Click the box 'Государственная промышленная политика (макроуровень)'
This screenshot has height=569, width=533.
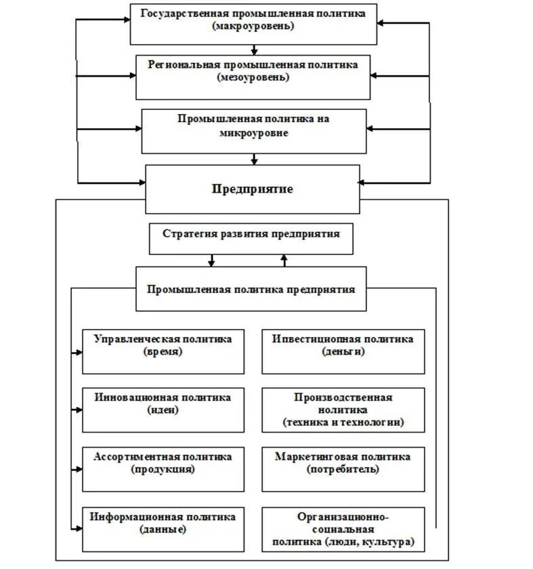point(253,24)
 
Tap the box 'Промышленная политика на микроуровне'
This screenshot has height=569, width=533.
point(253,130)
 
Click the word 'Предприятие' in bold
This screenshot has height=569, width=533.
point(253,189)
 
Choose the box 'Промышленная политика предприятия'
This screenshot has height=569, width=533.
point(251,289)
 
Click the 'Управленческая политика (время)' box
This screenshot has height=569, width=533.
point(163,351)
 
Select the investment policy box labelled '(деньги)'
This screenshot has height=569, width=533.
point(343,351)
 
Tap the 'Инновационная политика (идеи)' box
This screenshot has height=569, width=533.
point(163,410)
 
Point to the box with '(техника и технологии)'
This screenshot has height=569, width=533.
point(343,410)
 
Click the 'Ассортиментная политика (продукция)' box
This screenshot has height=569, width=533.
point(163,469)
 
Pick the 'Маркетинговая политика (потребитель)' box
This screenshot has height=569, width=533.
point(343,469)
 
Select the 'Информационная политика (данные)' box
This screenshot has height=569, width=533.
point(163,528)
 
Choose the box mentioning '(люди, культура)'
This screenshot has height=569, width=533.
point(343,528)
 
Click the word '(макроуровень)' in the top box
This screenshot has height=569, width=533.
point(253,28)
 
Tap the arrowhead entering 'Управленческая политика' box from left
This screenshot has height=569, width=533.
point(77,352)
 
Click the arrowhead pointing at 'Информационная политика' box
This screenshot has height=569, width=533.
point(77,528)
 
